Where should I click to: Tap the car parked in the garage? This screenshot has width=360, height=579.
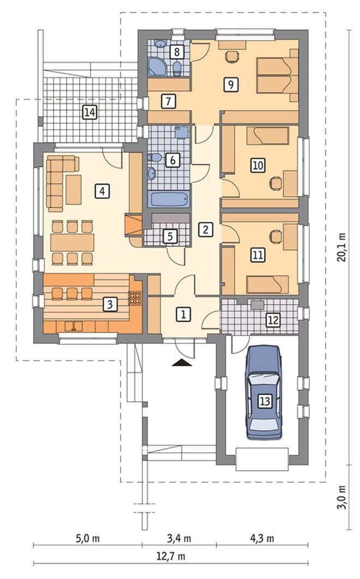[264, 392]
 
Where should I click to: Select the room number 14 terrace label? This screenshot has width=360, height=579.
[90, 112]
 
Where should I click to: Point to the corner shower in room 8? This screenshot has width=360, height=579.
[158, 67]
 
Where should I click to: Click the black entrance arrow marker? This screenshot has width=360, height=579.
[182, 363]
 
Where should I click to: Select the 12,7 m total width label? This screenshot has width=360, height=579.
[170, 556]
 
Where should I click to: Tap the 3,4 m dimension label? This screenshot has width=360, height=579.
[179, 538]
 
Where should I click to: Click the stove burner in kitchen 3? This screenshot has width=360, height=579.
[135, 298]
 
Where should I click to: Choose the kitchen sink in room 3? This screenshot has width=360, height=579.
[74, 326]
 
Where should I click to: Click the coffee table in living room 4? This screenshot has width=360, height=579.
[74, 189]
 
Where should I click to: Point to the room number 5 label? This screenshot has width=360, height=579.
[170, 237]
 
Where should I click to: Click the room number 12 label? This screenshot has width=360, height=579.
[273, 320]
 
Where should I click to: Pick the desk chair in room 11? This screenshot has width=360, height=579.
[275, 236]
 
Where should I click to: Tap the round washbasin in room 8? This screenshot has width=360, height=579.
[160, 44]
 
